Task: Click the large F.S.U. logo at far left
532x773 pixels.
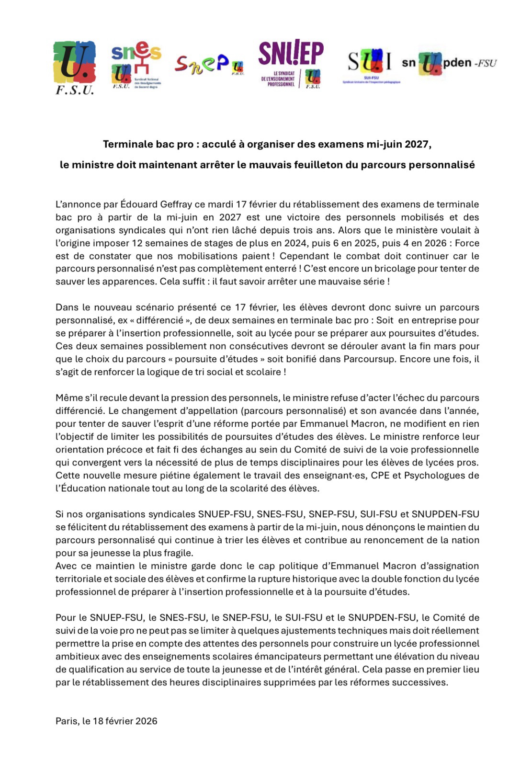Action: point(75,67)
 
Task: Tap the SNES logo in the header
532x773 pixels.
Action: point(136,66)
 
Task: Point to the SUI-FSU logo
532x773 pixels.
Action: point(370,65)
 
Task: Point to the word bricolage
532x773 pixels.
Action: point(386,268)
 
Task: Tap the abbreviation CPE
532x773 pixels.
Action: point(381,476)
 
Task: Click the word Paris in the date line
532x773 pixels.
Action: point(66,721)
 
